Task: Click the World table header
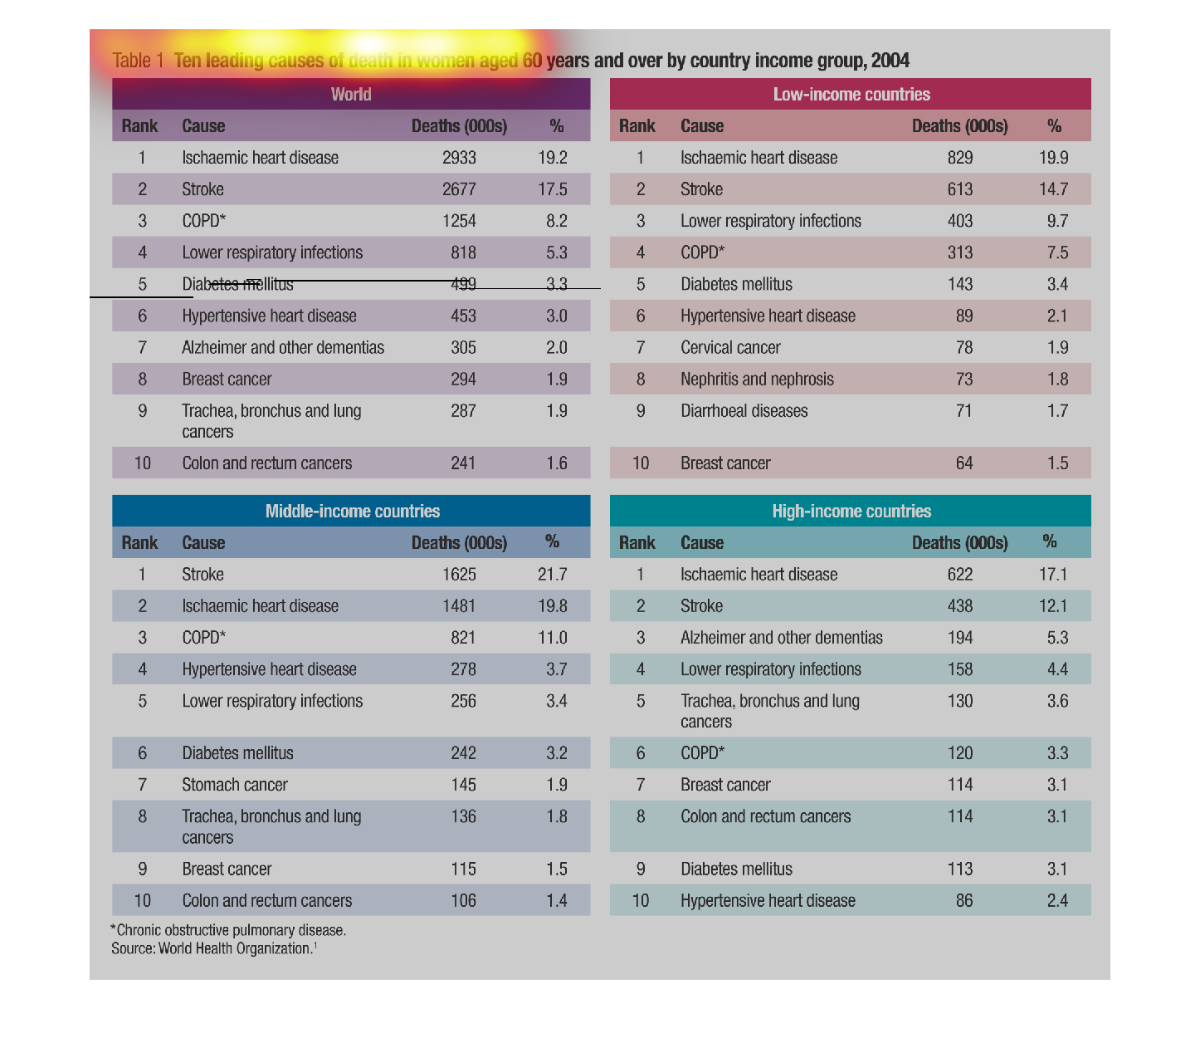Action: [x=351, y=94]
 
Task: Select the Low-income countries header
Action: [x=851, y=94]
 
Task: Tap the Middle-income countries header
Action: [x=353, y=511]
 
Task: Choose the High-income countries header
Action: [x=851, y=511]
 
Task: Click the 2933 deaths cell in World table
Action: [x=459, y=158]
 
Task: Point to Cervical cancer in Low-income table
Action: [x=730, y=347]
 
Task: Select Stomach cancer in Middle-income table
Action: [x=235, y=785]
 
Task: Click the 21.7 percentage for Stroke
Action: [x=552, y=575]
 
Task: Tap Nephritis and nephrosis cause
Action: [x=757, y=380]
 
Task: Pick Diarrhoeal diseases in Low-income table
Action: [x=744, y=411]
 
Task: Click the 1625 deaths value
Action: [x=459, y=575]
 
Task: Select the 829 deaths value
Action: [x=959, y=158]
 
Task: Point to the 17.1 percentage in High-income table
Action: [x=1052, y=575]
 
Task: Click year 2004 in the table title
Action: [x=890, y=61]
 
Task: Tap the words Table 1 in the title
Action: [x=138, y=61]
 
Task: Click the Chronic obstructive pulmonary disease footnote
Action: [x=228, y=930]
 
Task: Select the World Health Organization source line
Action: [x=214, y=948]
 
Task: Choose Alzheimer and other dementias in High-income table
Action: [x=781, y=638]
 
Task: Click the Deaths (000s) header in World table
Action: [x=459, y=126]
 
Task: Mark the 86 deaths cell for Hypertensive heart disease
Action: [x=963, y=901]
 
